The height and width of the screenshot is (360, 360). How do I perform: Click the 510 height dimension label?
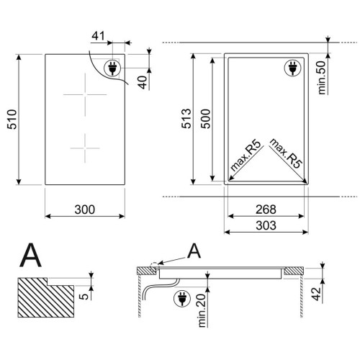tap(12, 120)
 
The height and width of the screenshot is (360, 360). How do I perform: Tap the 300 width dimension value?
tap(85, 210)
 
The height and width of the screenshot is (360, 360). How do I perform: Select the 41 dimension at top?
tap(99, 36)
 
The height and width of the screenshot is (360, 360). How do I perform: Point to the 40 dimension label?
tap(143, 82)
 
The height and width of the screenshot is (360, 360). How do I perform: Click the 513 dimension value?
tap(186, 119)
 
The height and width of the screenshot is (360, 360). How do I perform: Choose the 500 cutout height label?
tap(205, 119)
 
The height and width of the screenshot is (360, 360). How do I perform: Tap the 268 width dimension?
tap(266, 210)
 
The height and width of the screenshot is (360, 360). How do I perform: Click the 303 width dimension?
tap(266, 225)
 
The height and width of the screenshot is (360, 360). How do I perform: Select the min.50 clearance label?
tap(322, 77)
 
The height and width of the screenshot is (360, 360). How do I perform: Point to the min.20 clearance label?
tap(202, 310)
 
